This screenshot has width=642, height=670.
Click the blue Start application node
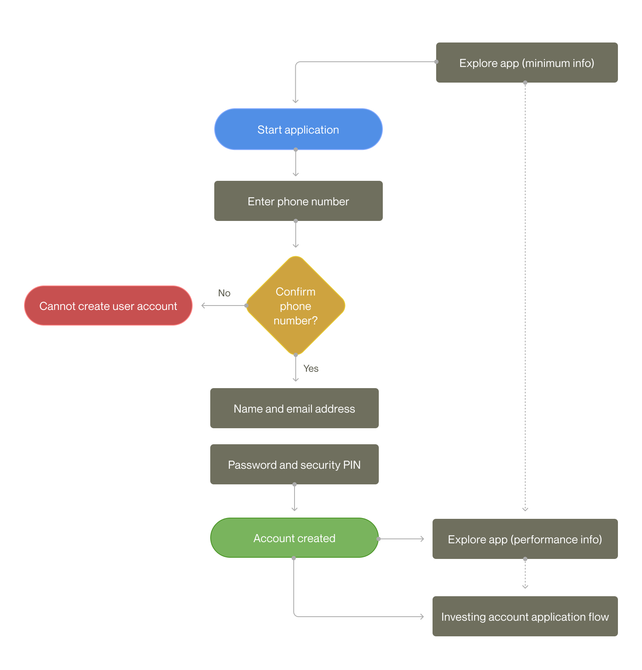click(x=298, y=129)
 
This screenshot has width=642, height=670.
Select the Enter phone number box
click(x=298, y=201)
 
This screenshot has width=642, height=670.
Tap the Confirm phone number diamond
click(x=296, y=306)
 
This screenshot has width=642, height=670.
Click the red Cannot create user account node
click(x=108, y=306)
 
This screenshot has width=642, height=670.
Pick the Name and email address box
click(x=294, y=408)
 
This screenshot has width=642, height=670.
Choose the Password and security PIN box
click(x=294, y=464)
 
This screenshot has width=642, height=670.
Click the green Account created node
click(x=294, y=538)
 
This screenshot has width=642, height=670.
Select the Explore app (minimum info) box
click(x=527, y=63)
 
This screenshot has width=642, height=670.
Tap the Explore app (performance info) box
click(x=525, y=539)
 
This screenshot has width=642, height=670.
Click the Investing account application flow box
click(x=525, y=616)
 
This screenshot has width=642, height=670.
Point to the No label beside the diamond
click(x=224, y=293)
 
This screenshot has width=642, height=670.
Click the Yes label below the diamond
click(x=311, y=368)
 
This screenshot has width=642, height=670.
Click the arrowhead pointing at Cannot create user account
click(x=203, y=306)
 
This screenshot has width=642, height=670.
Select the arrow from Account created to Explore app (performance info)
click(x=401, y=539)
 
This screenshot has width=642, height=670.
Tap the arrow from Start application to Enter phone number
click(x=296, y=163)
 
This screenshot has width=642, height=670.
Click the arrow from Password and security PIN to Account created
click(x=295, y=498)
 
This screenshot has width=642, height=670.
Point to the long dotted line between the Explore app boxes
click(x=525, y=297)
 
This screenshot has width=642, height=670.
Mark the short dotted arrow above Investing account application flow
click(x=525, y=574)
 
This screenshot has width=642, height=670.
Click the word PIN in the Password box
click(x=352, y=465)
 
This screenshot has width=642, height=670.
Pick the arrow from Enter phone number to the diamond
click(x=296, y=234)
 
